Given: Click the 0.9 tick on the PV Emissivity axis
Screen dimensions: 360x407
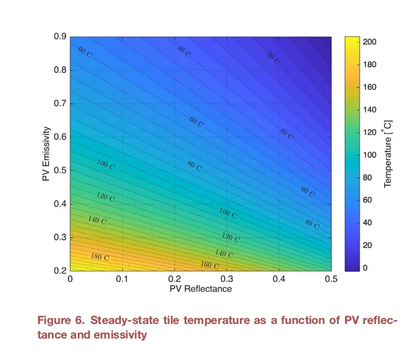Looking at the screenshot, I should [61, 37].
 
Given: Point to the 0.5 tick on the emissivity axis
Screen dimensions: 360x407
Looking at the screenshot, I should [61, 171].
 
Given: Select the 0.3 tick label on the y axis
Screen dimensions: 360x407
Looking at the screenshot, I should [61, 238].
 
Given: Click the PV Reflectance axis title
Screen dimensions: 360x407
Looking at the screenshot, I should [201, 289].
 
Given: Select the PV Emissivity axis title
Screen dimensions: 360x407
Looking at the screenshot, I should [46, 154].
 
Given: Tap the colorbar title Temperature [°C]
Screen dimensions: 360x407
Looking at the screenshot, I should [389, 154].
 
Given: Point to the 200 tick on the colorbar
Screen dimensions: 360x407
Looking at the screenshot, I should [370, 42].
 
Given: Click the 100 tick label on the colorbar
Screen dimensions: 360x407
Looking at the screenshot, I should [370, 155].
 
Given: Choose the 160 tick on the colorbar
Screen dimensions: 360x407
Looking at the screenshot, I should [370, 87].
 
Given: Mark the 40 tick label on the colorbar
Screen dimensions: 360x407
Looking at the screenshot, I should [368, 223].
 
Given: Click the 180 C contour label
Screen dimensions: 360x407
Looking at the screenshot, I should [99, 257].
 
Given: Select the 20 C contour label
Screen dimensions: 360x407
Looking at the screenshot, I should [272, 58].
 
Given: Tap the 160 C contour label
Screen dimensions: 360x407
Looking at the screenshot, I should [210, 265].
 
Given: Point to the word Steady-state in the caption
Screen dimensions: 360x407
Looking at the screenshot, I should [126, 321].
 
